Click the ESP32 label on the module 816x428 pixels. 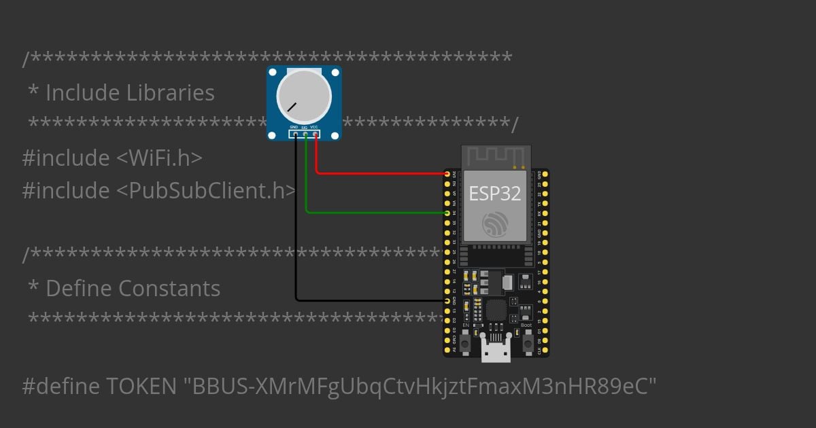(494, 194)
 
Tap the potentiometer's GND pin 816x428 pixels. (295, 135)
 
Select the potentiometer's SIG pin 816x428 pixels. (305, 135)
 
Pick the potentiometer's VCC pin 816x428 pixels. (316, 135)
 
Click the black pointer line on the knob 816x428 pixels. (292, 107)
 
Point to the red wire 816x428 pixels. (381, 173)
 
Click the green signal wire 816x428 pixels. (374, 213)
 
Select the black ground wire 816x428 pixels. (296, 224)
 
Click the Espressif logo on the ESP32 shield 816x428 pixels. (494, 224)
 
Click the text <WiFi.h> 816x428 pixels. (159, 158)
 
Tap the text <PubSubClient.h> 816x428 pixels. (206, 191)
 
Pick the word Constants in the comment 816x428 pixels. (169, 289)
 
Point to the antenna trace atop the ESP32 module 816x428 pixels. (494, 156)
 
